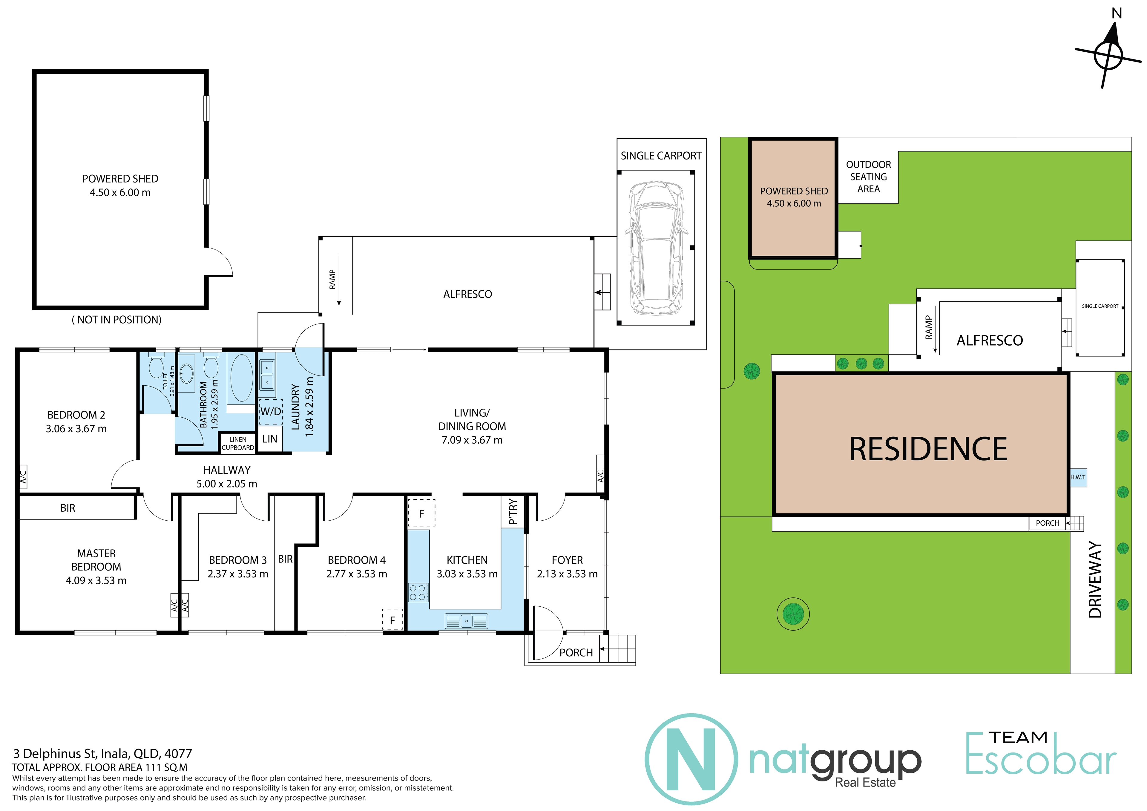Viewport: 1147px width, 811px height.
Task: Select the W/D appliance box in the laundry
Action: [x=271, y=412]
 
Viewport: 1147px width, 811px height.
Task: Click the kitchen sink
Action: [x=466, y=621]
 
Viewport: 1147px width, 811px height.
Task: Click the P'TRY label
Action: [x=513, y=512]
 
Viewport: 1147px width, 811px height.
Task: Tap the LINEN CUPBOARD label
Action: [x=238, y=444]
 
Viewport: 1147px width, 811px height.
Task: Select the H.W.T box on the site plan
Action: [x=1078, y=477]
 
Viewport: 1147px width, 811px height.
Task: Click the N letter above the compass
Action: [x=1117, y=13]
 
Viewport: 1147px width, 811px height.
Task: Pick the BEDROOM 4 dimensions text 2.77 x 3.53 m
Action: [x=357, y=574]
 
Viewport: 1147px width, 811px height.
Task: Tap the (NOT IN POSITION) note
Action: [x=117, y=320]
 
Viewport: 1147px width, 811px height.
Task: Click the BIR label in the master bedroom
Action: [x=68, y=508]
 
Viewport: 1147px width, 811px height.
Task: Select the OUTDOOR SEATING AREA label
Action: [x=868, y=177]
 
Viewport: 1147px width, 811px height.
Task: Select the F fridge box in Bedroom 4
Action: [x=393, y=620]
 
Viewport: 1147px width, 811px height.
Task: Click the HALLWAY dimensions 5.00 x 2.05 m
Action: [x=227, y=484]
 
